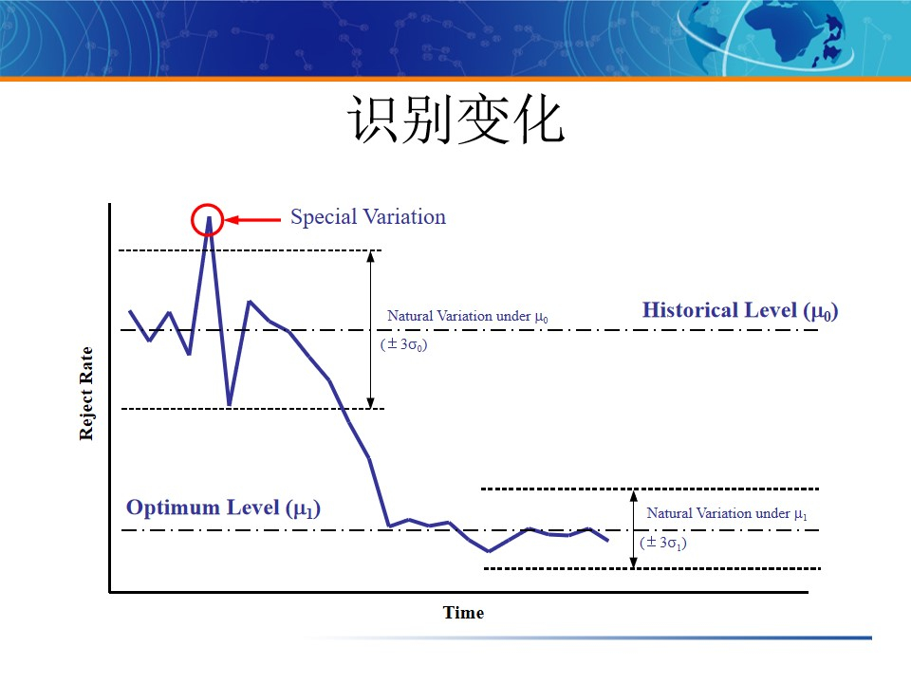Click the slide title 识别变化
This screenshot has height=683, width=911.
pyautogui.click(x=455, y=120)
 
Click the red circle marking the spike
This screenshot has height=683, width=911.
pyautogui.click(x=208, y=220)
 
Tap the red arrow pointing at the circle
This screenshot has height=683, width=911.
pyautogui.click(x=254, y=220)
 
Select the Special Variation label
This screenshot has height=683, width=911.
pyautogui.click(x=368, y=217)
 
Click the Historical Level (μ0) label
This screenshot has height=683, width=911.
pyautogui.click(x=740, y=310)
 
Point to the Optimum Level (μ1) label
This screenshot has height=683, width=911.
pyautogui.click(x=224, y=508)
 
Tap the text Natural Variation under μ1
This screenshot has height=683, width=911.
pyautogui.click(x=727, y=513)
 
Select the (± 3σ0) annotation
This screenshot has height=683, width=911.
pyautogui.click(x=403, y=344)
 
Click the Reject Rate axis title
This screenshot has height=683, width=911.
pyautogui.click(x=86, y=393)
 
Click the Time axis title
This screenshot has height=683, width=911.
pyautogui.click(x=463, y=613)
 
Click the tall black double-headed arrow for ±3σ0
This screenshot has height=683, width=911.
pyautogui.click(x=371, y=329)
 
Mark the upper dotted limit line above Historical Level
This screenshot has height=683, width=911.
pyautogui.click(x=249, y=250)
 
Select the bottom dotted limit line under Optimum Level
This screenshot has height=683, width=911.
pyautogui.click(x=652, y=569)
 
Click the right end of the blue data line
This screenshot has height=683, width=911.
pyautogui.click(x=607, y=541)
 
